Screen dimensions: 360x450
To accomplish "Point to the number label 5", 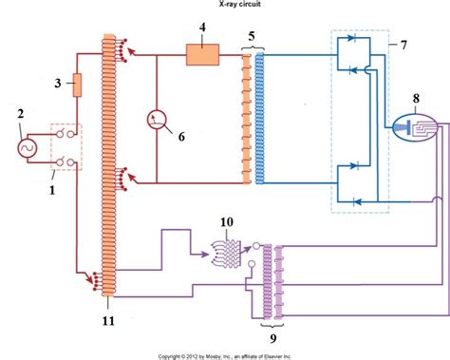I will [251, 39].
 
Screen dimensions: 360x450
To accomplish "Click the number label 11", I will [107, 321].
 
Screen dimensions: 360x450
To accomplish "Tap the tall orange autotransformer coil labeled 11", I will [105, 171].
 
